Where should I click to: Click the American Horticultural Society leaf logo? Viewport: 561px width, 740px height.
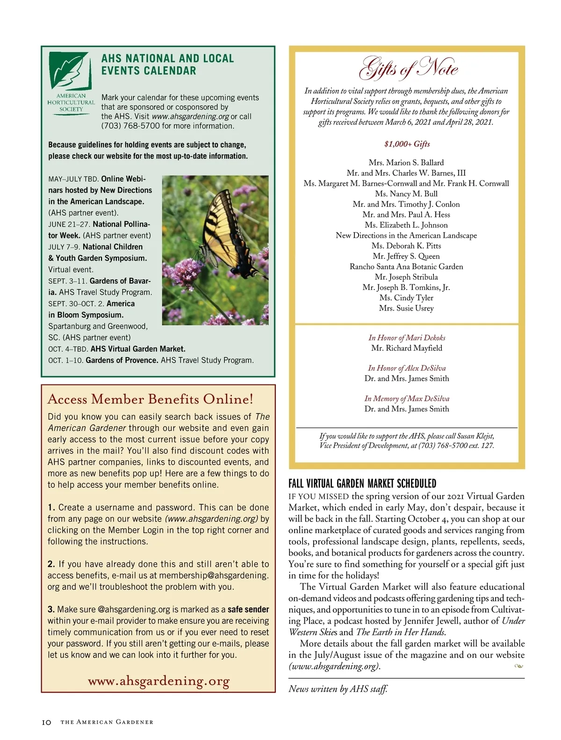70,72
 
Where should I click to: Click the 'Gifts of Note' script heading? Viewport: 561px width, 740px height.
408,68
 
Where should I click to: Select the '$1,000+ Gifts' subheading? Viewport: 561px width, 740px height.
407,144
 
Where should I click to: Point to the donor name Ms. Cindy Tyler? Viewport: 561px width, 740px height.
406,297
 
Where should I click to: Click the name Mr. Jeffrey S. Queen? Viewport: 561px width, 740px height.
406,256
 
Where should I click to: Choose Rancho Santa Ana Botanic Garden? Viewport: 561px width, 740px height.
406,267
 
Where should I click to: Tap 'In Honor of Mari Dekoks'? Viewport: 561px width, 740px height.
407,338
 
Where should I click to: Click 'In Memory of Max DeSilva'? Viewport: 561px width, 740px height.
407,399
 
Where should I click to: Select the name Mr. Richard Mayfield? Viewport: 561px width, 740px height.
406,348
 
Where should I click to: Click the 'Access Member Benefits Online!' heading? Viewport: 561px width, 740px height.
151,399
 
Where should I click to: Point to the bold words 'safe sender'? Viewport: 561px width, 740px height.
248,609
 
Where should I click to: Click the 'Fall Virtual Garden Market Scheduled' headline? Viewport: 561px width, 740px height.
362,484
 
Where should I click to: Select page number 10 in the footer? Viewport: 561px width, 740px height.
46,722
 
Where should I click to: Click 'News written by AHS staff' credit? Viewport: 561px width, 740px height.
338,689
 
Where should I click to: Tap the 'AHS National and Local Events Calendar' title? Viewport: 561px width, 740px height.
167,65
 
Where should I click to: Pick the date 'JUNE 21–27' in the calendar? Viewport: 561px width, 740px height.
69,225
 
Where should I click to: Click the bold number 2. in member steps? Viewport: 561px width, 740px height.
51,564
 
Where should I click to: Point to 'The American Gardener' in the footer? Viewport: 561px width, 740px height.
107,722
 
